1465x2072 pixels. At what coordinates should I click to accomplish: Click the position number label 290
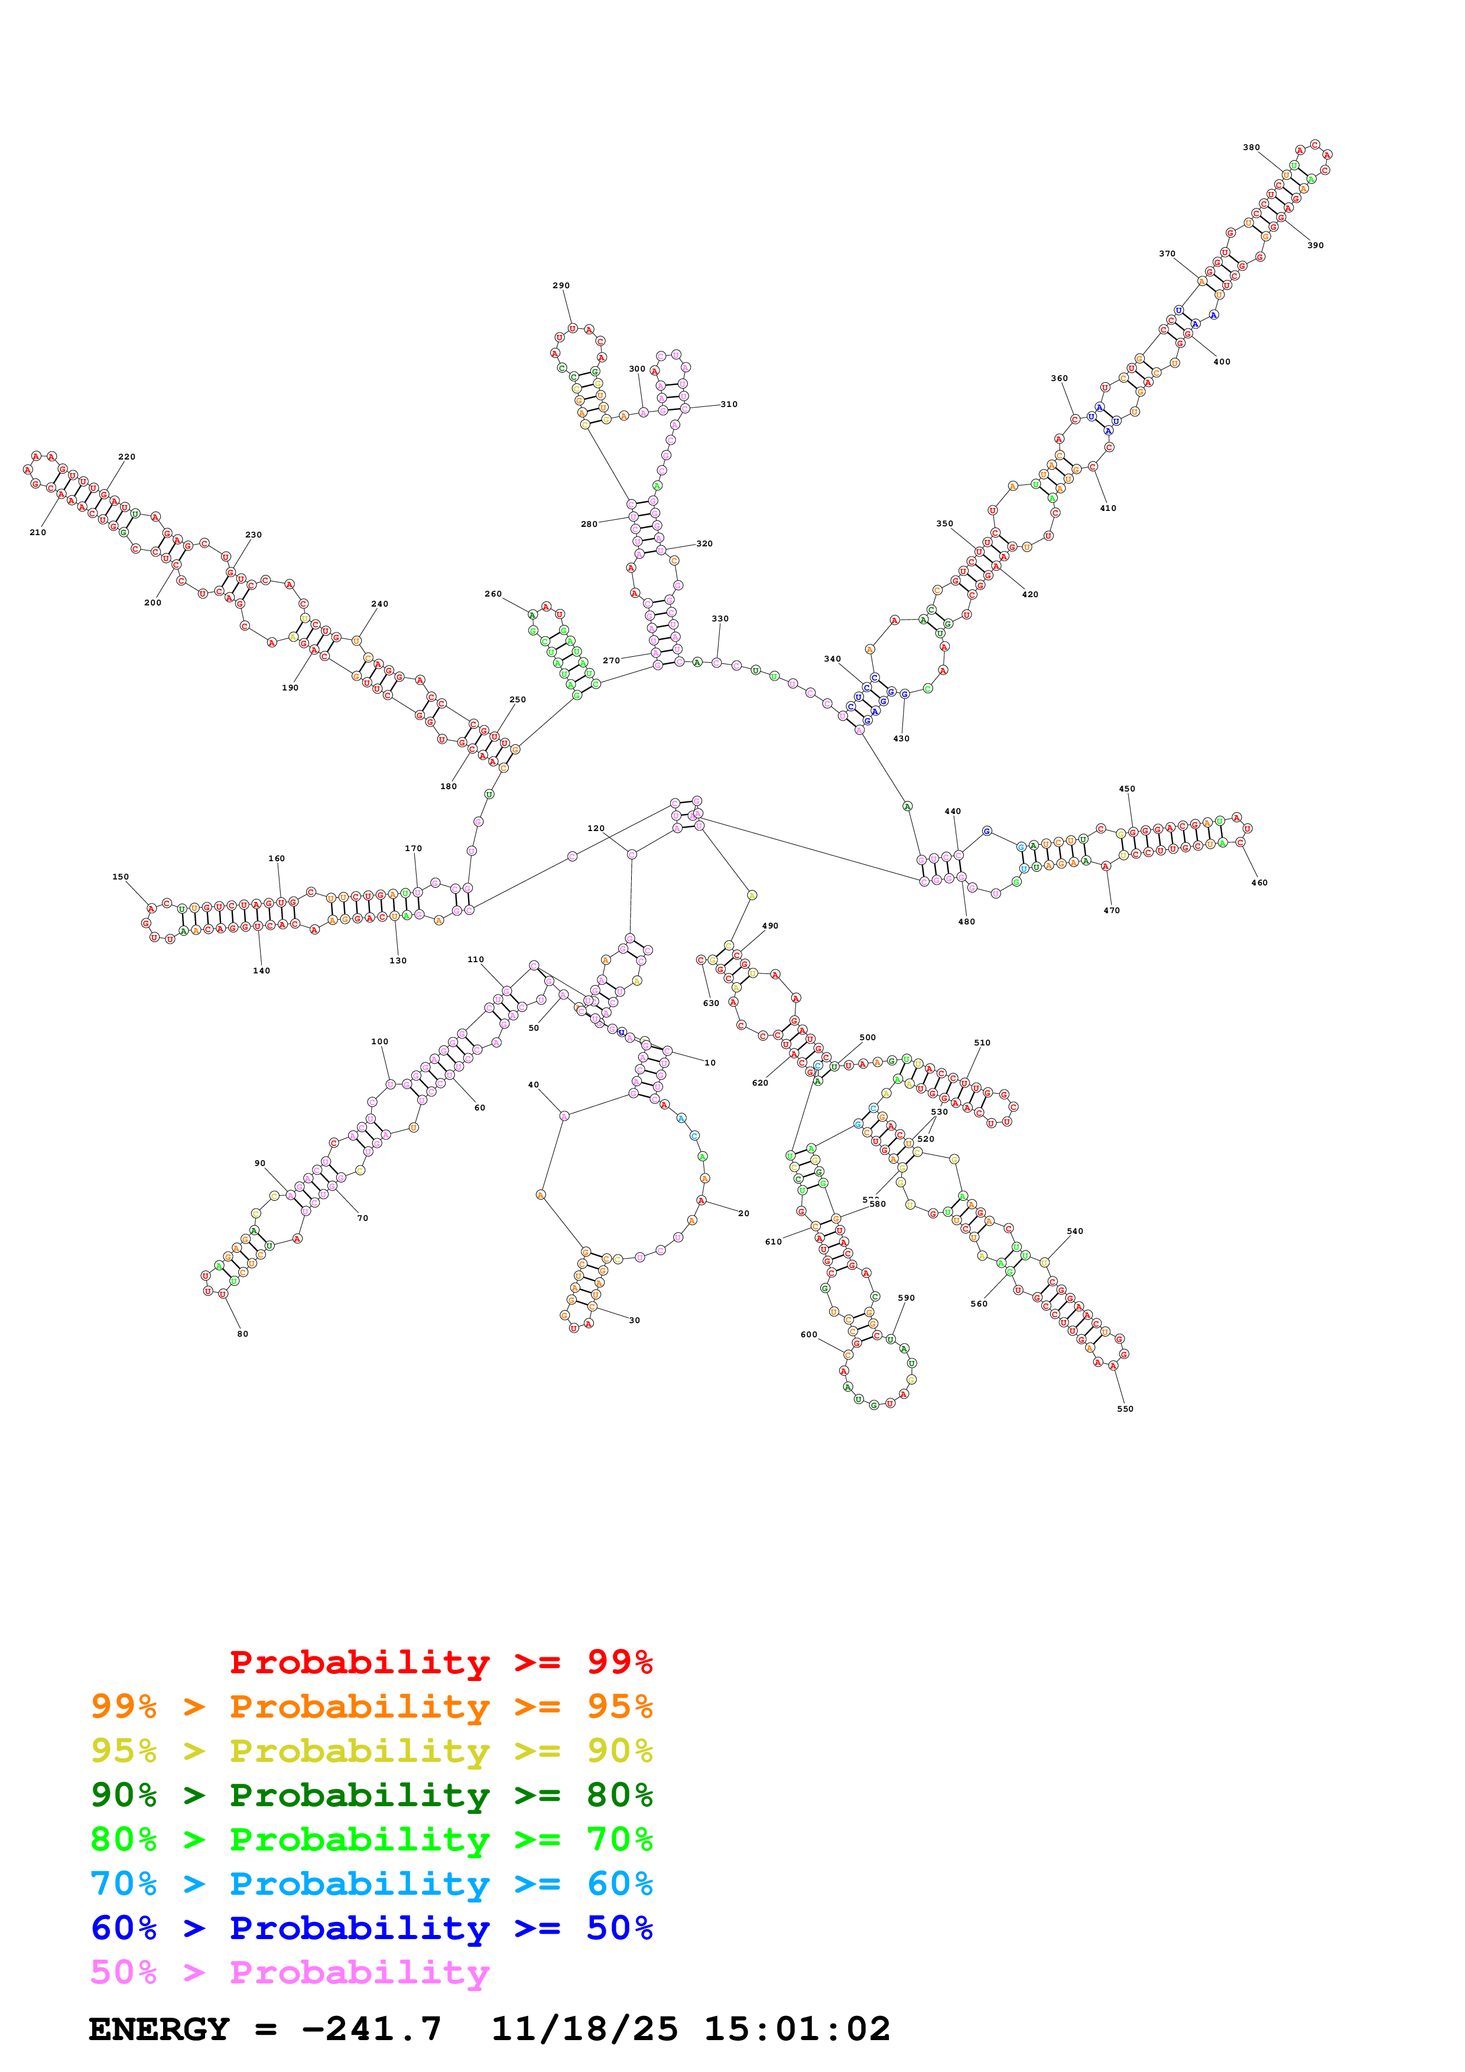tap(561, 285)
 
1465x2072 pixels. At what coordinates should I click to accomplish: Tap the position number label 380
tap(1251, 147)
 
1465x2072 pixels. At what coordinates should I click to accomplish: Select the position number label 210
tap(37, 532)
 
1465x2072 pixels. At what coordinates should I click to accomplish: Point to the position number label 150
tap(120, 877)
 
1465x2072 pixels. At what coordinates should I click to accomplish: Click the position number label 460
tap(1259, 882)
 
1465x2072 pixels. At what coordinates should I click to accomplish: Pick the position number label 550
tap(1125, 1409)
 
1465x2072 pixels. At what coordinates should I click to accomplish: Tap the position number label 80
tap(243, 1334)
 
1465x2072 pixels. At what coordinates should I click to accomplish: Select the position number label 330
tap(719, 619)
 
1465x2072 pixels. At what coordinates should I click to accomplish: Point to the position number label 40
tap(534, 1085)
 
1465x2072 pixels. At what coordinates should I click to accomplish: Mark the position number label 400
tap(1222, 362)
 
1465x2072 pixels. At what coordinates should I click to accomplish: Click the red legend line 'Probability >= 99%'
tap(440, 1662)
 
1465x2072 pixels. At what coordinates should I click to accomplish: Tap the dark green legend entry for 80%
tap(371, 1795)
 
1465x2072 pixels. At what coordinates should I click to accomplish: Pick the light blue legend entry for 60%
tap(371, 1884)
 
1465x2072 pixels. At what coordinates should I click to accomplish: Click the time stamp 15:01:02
tap(797, 2029)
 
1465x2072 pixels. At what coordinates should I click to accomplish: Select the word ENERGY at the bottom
tap(159, 2029)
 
